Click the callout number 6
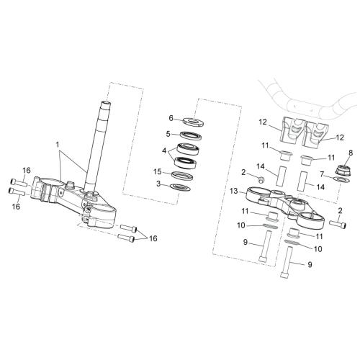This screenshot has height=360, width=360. coord(171,118)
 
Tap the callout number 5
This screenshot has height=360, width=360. coord(168,134)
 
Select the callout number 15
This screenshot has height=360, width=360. coord(158,172)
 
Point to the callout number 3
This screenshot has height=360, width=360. coord(158,184)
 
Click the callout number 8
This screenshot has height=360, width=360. coord(351,153)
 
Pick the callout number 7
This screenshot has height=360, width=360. coord(323,174)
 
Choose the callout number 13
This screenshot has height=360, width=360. coord(233,191)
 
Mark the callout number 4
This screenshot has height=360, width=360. coord(164,151)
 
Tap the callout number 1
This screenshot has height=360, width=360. coord(58,145)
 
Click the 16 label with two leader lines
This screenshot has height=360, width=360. coord(153,238)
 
